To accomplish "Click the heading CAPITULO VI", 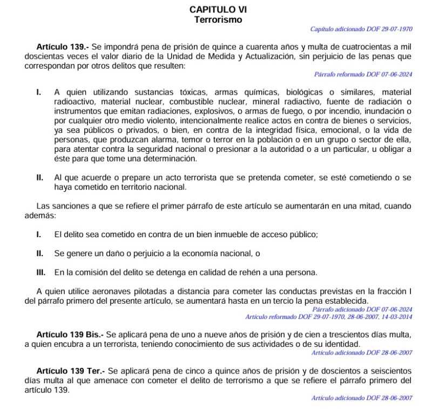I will tap(218, 10).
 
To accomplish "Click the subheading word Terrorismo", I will tap(218, 19).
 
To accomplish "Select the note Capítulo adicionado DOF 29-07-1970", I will tap(361, 29).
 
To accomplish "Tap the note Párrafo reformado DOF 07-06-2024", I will tap(363, 74).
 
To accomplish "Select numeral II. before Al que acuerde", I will tap(39, 178).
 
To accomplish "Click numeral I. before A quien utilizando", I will tap(38, 92).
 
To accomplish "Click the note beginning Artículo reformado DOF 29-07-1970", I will tap(328, 317).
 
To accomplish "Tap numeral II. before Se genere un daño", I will tap(39, 253).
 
